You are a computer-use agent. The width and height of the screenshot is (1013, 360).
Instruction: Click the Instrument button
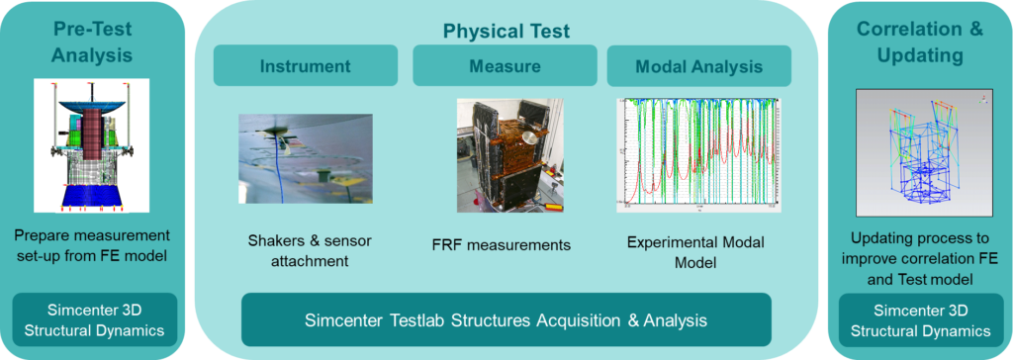click(305, 66)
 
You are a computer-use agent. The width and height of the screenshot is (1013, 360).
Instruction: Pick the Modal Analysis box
click(699, 66)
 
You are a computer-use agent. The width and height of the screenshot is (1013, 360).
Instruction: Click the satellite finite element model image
click(91, 145)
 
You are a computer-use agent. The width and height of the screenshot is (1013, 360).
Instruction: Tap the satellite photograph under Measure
click(509, 155)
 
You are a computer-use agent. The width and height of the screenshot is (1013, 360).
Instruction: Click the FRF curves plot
click(698, 155)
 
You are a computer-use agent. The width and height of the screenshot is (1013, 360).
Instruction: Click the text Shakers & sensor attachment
click(310, 251)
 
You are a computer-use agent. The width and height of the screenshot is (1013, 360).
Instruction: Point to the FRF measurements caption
click(502, 245)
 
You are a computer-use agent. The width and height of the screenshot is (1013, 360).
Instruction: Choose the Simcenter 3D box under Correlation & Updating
click(920, 320)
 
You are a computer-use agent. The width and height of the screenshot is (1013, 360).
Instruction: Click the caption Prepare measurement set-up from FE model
click(91, 245)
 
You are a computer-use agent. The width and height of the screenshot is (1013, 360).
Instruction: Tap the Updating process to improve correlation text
click(920, 258)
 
